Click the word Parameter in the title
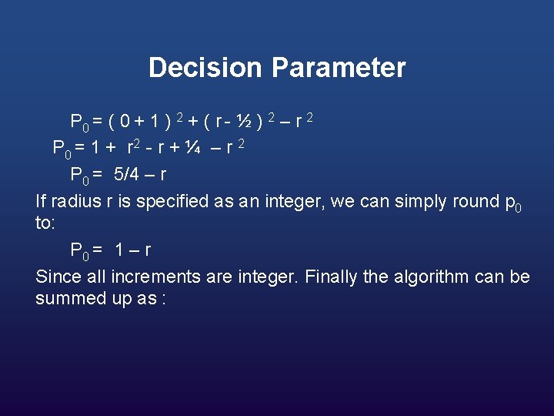point(338,68)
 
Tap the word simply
point(425,203)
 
